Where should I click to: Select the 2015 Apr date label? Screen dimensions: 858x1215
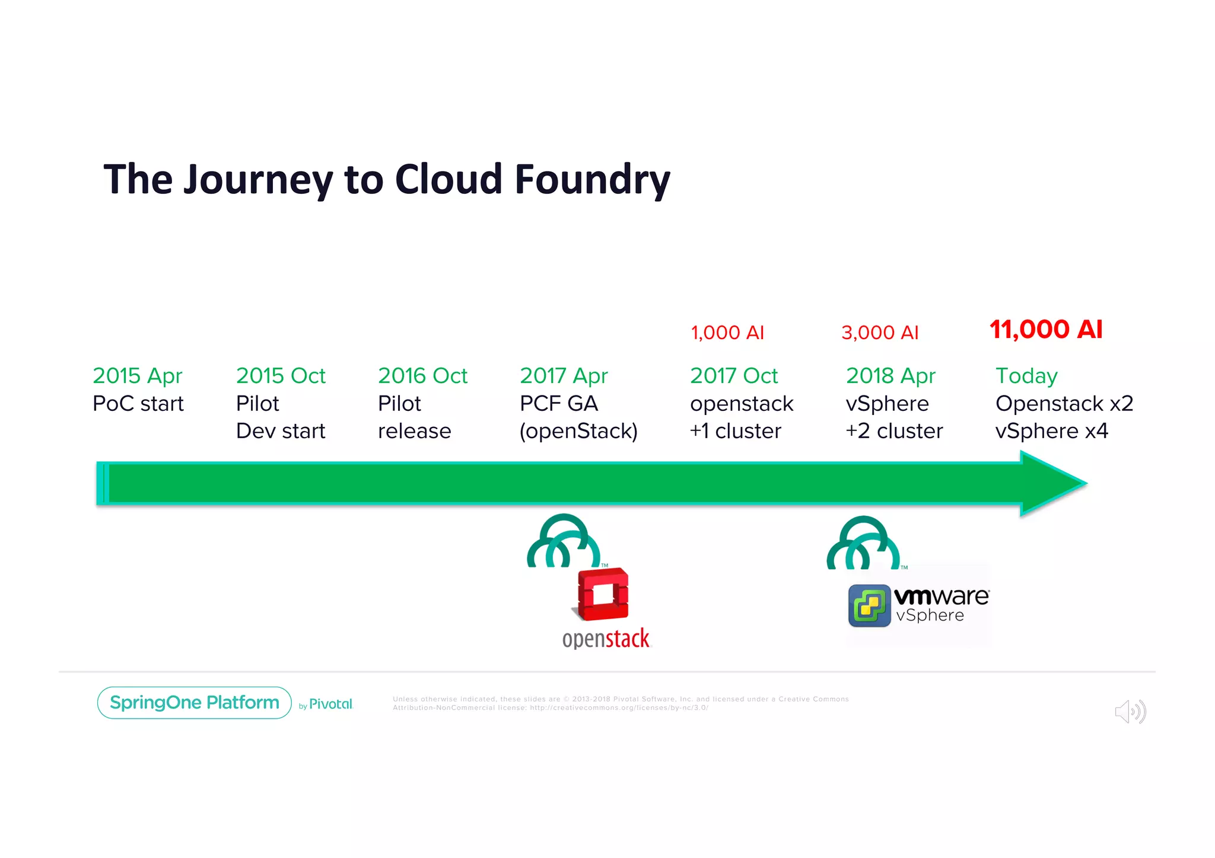coord(137,376)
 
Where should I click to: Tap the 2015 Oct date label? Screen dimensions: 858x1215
coord(281,376)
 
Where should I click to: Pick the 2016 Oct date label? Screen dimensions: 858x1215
coord(422,376)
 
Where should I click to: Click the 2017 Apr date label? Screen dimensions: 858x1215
coord(564,376)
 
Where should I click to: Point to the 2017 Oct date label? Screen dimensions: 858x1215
coord(734,376)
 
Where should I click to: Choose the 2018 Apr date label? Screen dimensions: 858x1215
coord(890,376)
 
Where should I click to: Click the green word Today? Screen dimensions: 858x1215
coord(1026,376)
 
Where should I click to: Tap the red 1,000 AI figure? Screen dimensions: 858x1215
coord(727,333)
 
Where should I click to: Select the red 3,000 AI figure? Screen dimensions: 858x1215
coord(880,333)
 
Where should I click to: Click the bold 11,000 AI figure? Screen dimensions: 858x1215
coord(1046,330)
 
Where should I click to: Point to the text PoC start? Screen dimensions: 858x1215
coord(138,404)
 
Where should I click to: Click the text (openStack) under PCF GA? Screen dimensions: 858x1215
coord(578,431)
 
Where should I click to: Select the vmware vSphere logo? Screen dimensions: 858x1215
coord(918,605)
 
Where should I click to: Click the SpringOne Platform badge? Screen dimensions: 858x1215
coord(194,703)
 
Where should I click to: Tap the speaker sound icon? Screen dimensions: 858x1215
coord(1130,712)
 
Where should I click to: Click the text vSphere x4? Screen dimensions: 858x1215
coord(1051,431)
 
